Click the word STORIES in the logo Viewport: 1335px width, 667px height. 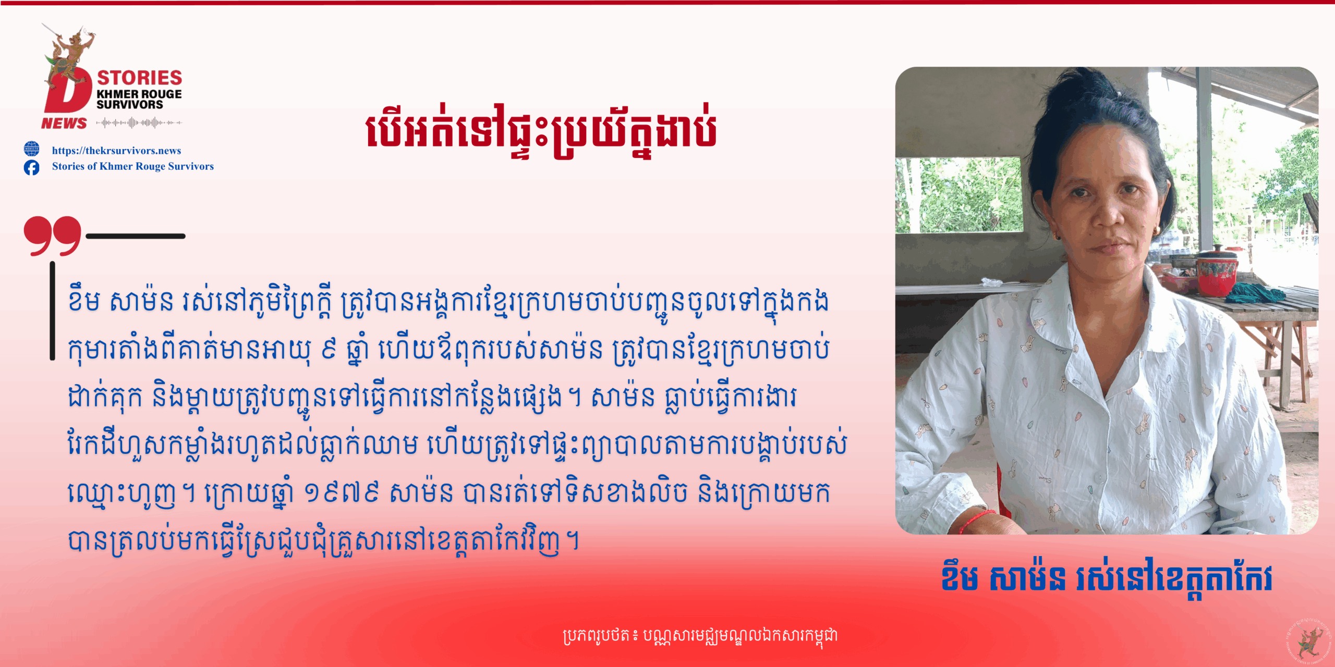pyautogui.click(x=140, y=78)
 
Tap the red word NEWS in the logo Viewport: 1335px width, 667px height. pyautogui.click(x=64, y=123)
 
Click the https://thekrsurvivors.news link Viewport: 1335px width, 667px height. pyautogui.click(x=116, y=151)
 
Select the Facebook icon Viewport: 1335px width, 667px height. pyautogui.click(x=31, y=167)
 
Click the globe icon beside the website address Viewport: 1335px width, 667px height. pyautogui.click(x=31, y=149)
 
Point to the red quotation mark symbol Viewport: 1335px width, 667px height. pyautogui.click(x=52, y=236)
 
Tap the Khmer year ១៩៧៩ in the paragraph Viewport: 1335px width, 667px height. pyautogui.click(x=342, y=492)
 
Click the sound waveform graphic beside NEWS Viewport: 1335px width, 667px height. pyautogui.click(x=139, y=123)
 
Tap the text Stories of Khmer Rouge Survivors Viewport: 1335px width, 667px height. pyautogui.click(x=133, y=166)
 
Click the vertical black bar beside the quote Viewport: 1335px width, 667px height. pyautogui.click(x=52, y=311)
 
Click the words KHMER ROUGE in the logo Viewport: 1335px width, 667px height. pyautogui.click(x=139, y=94)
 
